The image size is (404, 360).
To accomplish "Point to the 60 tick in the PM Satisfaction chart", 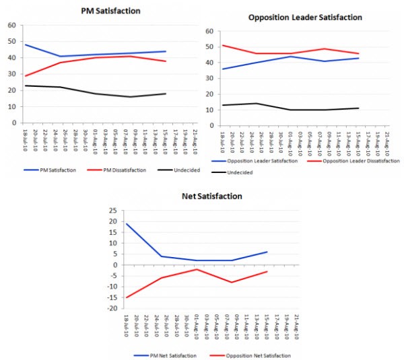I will (x=11, y=26).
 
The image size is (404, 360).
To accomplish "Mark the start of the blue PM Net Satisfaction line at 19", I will (x=126, y=223).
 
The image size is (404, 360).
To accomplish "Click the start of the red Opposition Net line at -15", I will (x=126, y=297).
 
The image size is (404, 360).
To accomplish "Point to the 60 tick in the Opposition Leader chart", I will (x=209, y=32).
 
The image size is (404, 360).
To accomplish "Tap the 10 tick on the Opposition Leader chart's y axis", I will (x=209, y=110).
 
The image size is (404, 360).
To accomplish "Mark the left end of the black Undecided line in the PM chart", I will (x=26, y=85).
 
